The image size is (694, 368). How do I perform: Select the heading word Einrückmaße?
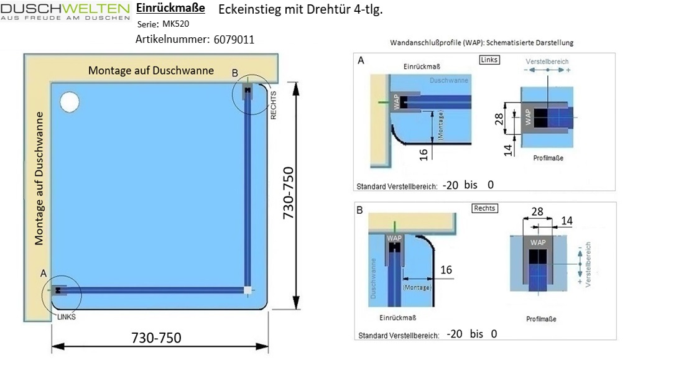[x=170, y=9]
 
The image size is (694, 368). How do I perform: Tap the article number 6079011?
[x=233, y=39]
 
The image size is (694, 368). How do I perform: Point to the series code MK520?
[x=177, y=24]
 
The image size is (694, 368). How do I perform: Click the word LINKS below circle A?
[x=66, y=316]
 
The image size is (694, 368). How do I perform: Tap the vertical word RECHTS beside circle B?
[x=274, y=104]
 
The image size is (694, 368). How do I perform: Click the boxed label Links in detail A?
[x=490, y=60]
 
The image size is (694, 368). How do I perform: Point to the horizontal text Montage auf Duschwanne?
[x=151, y=70]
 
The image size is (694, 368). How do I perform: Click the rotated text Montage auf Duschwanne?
[x=39, y=178]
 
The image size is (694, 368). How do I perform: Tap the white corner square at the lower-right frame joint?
[x=248, y=290]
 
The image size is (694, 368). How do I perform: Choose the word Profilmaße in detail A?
[x=548, y=158]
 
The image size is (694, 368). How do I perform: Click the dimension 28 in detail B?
[x=537, y=212]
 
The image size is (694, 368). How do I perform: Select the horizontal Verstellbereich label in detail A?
[x=547, y=62]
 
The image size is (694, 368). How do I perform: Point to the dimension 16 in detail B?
[x=446, y=270]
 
